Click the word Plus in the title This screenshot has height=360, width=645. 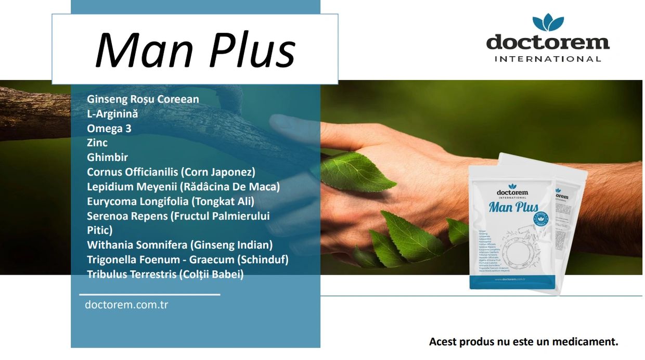click(249, 50)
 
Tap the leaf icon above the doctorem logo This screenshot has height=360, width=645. click(548, 23)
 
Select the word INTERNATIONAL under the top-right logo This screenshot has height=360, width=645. click(548, 59)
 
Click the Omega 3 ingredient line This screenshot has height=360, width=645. click(109, 128)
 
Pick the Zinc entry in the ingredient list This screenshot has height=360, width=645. click(97, 143)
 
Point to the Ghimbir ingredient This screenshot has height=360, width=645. click(107, 157)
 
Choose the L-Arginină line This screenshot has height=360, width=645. click(112, 113)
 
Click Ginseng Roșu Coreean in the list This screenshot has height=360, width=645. click(143, 99)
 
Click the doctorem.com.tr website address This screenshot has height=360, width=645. click(126, 305)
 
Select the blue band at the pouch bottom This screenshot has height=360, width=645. click(512, 281)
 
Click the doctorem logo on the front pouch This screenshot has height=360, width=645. click(512, 191)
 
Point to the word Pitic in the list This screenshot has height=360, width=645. click(99, 230)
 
